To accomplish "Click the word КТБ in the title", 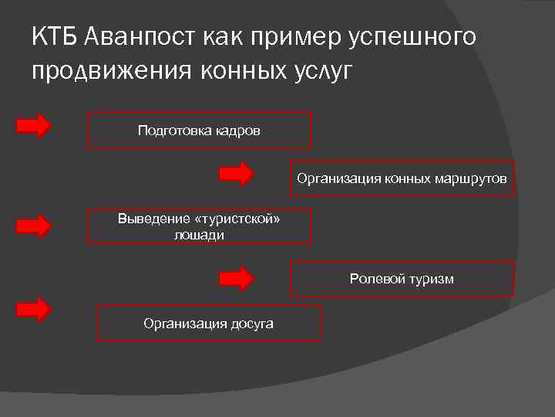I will [x=55, y=36].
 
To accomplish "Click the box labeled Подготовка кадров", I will [x=199, y=130].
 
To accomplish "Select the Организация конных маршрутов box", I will [x=402, y=178].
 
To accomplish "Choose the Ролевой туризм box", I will [x=402, y=278].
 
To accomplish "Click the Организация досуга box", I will [x=208, y=323].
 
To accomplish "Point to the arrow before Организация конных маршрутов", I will [x=237, y=173].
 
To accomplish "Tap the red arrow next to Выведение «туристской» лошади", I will [x=34, y=225].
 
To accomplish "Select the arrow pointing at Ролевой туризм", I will [x=237, y=277].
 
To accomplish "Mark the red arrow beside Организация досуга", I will [x=34, y=309].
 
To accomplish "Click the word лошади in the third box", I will [x=199, y=235].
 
